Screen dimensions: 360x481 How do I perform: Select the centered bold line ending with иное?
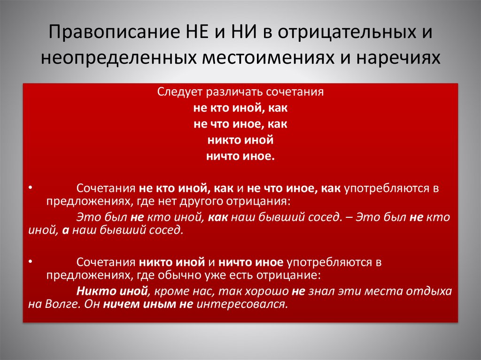pyautogui.click(x=240, y=156)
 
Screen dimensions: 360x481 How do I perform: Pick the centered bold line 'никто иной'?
pyautogui.click(x=240, y=140)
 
